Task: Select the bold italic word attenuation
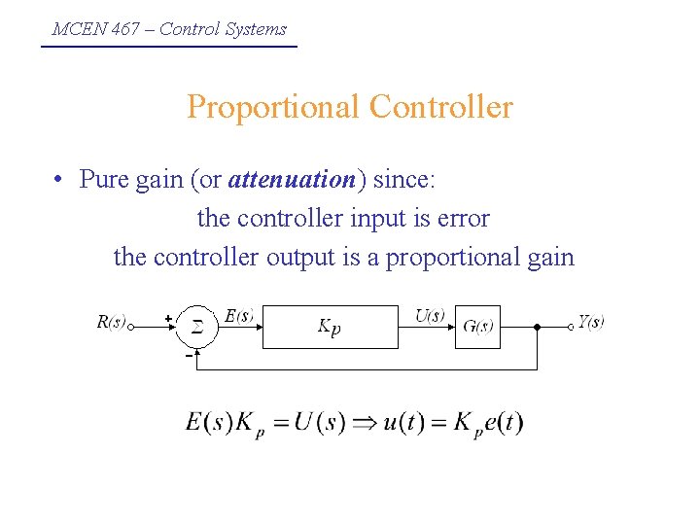292,180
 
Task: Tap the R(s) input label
111,322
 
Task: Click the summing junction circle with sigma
196,328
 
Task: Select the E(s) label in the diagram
239,315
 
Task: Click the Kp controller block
331,328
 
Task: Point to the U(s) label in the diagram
430,315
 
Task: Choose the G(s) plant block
478,328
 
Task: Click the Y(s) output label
590,322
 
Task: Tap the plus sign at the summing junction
168,317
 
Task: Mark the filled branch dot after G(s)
537,328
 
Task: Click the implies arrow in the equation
365,424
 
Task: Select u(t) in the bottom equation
402,424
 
